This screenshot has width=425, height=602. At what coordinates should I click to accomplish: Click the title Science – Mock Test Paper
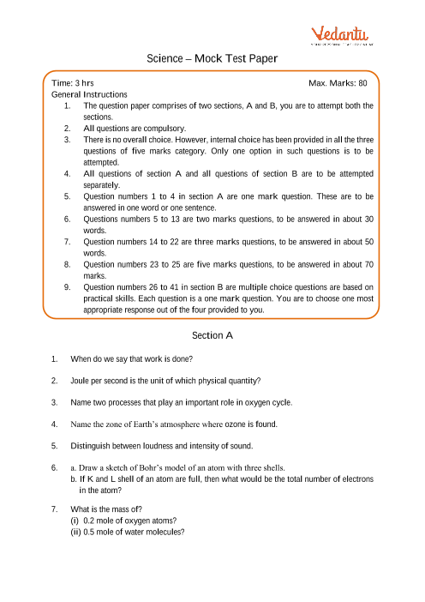pyautogui.click(x=212, y=59)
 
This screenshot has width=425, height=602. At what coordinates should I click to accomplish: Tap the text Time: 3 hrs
pyautogui.click(x=73, y=83)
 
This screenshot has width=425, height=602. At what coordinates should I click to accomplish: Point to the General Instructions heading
pyautogui.click(x=89, y=94)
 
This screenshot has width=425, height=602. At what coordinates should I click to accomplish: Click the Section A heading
pyautogui.click(x=212, y=335)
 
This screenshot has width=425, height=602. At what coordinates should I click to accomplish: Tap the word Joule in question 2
pyautogui.click(x=82, y=380)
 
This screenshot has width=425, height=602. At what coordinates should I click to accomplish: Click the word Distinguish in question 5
pyautogui.click(x=93, y=446)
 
